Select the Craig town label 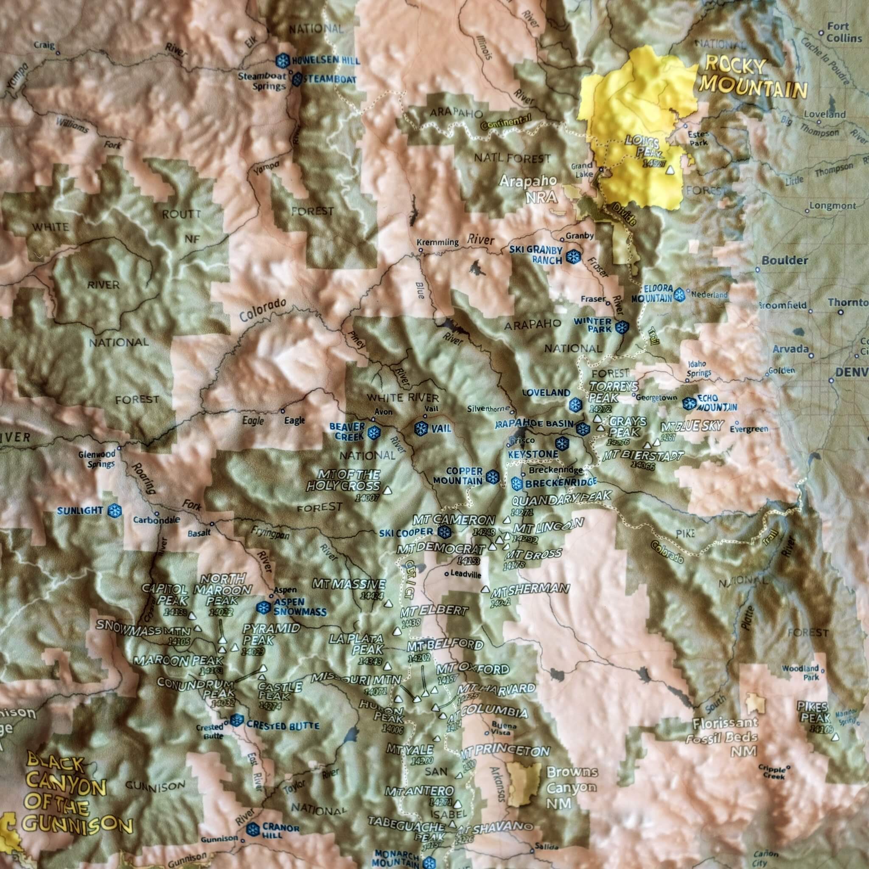(44, 45)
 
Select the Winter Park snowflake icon (622, 328)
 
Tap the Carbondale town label (156, 520)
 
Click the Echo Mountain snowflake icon (688, 404)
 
